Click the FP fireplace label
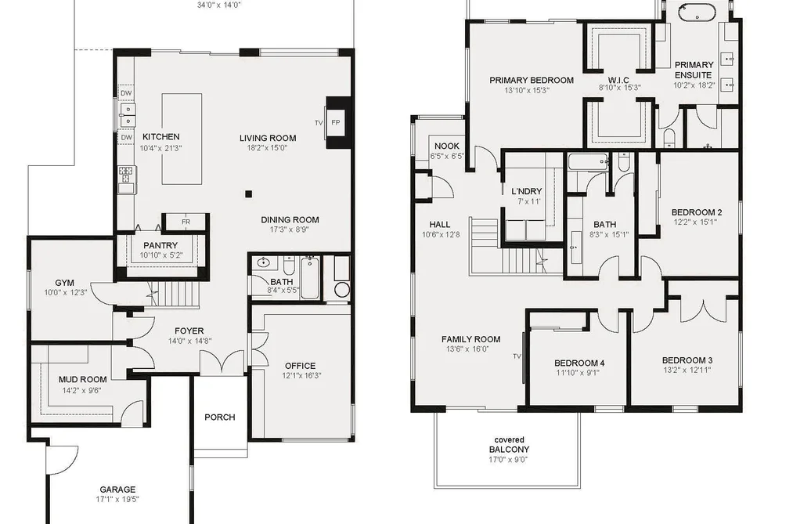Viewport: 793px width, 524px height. click(336, 122)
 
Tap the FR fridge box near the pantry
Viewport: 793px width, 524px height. click(186, 222)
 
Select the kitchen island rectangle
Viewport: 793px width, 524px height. click(182, 139)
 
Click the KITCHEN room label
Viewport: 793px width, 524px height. click(160, 136)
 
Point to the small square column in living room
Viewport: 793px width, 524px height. click(248, 193)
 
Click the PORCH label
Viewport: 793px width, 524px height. click(219, 417)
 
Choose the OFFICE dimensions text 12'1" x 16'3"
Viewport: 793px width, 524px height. click(302, 376)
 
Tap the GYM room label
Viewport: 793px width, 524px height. click(65, 283)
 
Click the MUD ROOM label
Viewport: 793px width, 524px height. click(82, 379)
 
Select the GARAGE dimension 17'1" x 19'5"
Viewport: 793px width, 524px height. click(117, 499)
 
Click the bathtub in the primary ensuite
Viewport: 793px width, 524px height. click(697, 12)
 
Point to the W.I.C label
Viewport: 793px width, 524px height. click(618, 80)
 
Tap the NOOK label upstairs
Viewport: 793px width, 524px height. click(447, 146)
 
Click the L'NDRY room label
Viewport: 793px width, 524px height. click(527, 191)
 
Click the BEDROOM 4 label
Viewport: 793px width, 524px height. click(579, 363)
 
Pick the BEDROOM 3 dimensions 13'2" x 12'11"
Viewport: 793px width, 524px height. click(687, 370)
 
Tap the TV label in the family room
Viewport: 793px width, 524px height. click(517, 356)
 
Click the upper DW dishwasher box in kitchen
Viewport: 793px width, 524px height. click(127, 93)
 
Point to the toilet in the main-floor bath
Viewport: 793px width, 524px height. click(289, 266)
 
